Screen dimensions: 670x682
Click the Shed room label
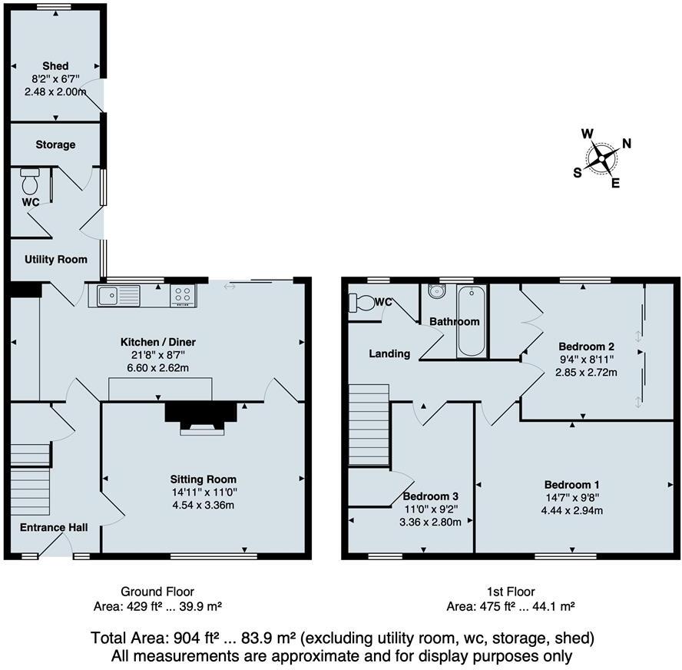tap(56, 66)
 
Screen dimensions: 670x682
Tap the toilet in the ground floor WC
tap(31, 182)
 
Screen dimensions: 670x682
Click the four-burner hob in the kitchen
tap(184, 294)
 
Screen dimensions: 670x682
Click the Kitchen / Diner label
tap(154, 342)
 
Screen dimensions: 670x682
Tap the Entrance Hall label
tap(54, 528)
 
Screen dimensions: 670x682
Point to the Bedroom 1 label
tap(572, 484)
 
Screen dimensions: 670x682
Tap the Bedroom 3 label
tap(431, 496)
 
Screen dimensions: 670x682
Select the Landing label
tap(389, 353)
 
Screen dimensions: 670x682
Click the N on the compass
tap(626, 143)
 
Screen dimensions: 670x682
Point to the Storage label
tap(55, 144)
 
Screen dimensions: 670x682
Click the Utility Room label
tap(55, 260)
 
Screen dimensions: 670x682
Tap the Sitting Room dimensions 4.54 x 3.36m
tap(203, 505)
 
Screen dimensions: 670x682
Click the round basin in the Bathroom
tap(438, 291)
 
